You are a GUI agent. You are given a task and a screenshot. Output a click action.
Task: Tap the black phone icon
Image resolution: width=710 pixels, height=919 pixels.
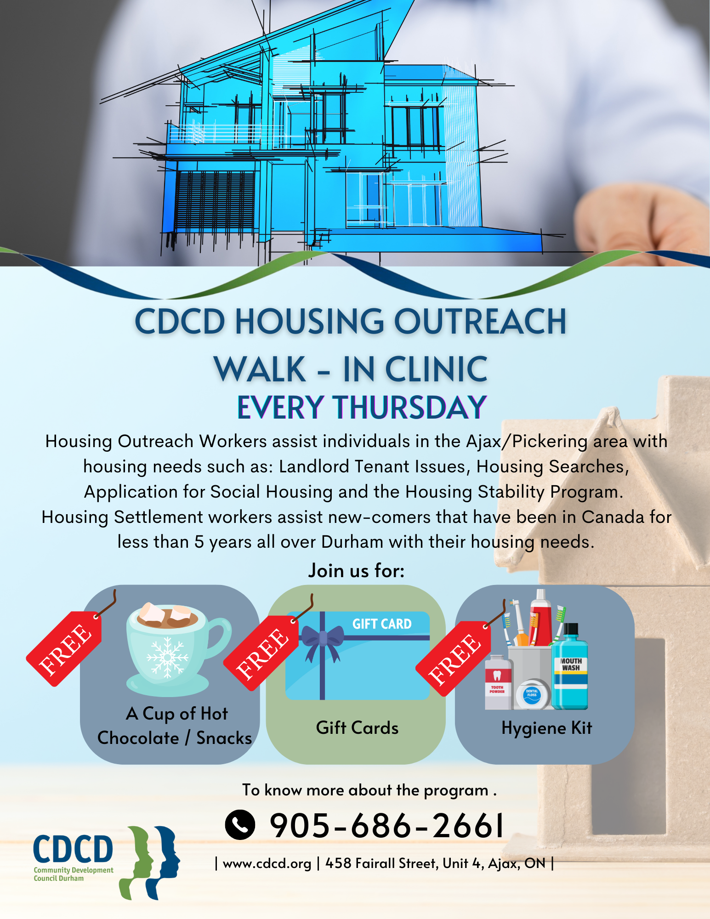(240, 825)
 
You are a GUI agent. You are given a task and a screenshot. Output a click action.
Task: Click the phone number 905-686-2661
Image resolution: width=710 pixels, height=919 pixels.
(387, 826)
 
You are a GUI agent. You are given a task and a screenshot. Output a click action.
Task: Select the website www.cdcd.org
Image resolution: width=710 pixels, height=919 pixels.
(267, 863)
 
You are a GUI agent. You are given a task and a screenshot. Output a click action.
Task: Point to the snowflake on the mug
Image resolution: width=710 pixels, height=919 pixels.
(167, 658)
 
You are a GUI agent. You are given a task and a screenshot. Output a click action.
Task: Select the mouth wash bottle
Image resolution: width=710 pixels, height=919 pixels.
(569, 666)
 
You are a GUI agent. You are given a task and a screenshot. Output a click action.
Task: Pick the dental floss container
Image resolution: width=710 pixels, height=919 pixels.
(532, 694)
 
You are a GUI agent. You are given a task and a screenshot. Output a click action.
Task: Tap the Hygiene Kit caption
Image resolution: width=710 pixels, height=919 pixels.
(546, 728)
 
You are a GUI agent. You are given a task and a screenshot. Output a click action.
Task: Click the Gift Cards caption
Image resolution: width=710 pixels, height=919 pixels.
(357, 728)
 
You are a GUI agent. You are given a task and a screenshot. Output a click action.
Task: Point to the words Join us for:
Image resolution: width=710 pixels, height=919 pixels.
(356, 571)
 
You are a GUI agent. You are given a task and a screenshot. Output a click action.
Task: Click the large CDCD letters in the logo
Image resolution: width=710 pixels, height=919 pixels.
(73, 849)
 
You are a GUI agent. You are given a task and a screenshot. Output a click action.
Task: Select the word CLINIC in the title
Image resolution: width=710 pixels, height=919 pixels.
(437, 369)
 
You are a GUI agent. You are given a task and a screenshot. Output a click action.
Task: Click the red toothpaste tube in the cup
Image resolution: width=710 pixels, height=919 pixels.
(540, 618)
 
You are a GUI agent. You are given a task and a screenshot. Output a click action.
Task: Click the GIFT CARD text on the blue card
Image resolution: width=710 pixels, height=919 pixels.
(382, 624)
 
